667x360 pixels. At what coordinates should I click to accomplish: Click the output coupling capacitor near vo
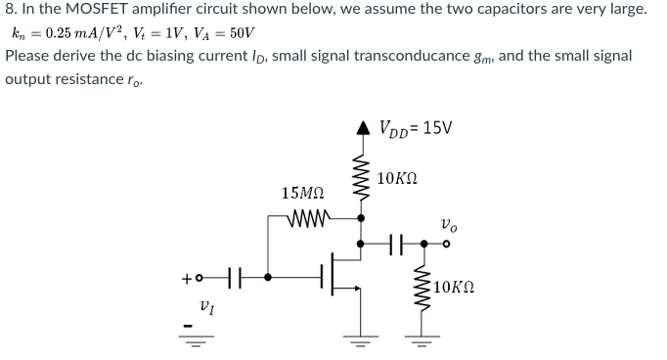tap(395, 243)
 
